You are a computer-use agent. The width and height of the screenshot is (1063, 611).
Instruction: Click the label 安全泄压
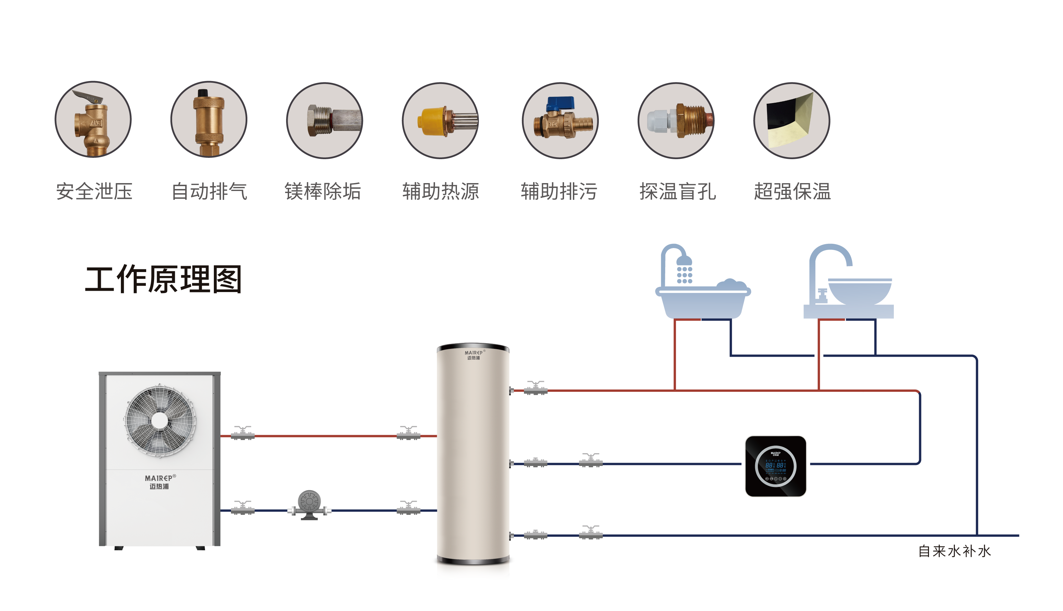[x=94, y=191]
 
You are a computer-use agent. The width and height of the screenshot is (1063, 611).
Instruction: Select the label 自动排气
[x=209, y=191]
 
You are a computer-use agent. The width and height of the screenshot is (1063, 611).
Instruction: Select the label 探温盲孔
[x=677, y=191]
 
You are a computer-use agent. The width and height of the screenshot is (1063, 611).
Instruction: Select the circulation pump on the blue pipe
[x=309, y=505]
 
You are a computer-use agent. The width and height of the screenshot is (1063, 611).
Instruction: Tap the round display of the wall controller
[x=775, y=466]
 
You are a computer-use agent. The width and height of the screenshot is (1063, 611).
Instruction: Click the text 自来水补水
[x=954, y=551]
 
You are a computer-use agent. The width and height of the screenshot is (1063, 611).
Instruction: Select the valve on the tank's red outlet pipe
[x=535, y=388]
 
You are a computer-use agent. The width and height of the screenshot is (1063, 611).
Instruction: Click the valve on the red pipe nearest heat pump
[x=243, y=433]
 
